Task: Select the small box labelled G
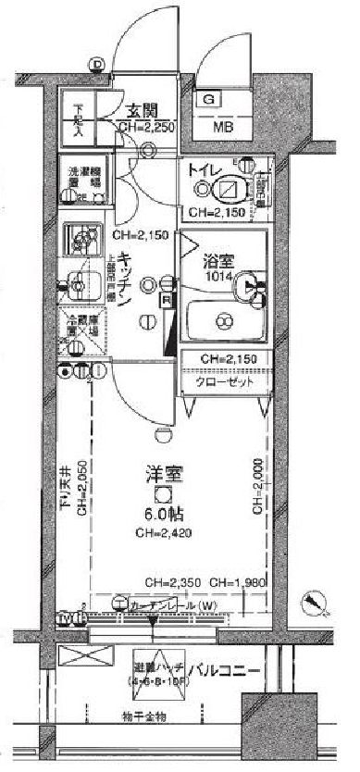(x=209, y=99)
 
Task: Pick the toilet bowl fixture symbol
(x=225, y=190)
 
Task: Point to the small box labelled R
(x=165, y=301)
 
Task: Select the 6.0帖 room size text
(x=162, y=514)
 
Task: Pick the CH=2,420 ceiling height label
(x=162, y=533)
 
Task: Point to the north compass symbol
(x=317, y=604)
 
